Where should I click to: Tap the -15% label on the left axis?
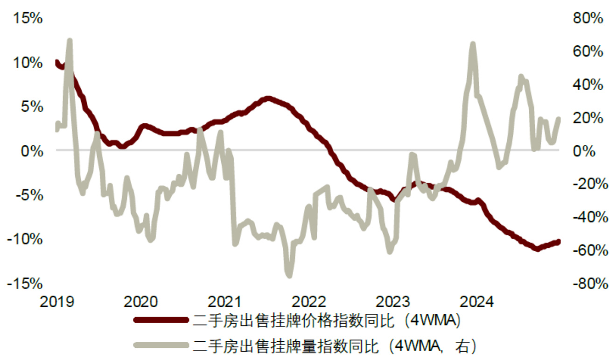pos(28,283)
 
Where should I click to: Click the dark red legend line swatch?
pos(161,320)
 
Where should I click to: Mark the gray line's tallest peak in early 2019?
pos(70,41)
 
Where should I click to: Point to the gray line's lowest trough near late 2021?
pos(289,275)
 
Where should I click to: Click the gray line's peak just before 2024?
pos(473,44)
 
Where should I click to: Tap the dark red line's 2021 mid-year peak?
pos(267,99)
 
